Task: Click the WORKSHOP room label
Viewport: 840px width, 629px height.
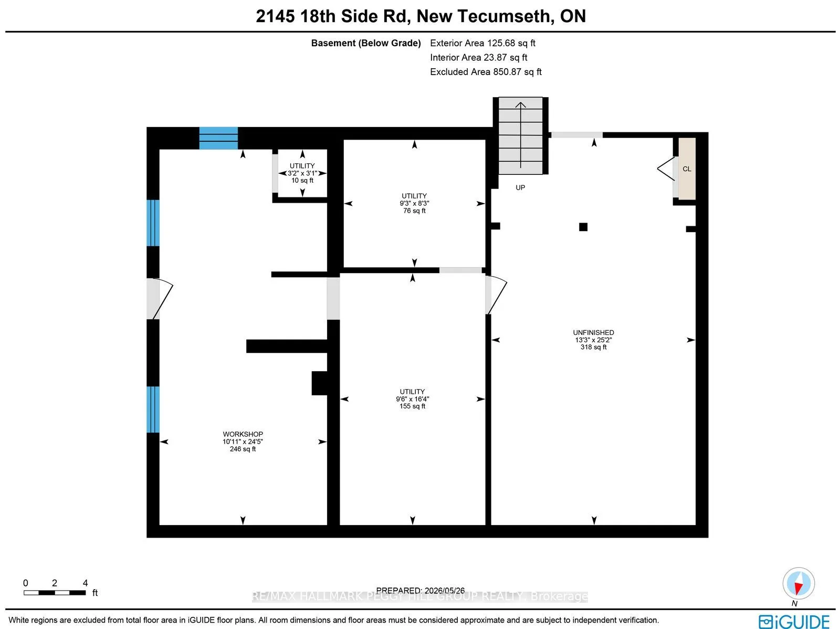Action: (x=243, y=434)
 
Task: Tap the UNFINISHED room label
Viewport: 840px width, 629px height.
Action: (x=593, y=333)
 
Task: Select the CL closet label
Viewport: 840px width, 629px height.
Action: (x=687, y=169)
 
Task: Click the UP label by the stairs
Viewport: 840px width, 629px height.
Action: (x=520, y=187)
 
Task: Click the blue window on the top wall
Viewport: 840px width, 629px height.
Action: (x=218, y=138)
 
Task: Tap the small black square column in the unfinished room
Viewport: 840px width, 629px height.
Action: (x=583, y=227)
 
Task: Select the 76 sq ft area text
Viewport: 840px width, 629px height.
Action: (x=414, y=211)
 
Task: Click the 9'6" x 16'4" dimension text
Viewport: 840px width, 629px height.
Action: (x=412, y=399)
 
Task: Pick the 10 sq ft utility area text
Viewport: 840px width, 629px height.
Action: (x=302, y=180)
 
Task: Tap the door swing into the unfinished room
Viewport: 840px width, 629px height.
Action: (x=496, y=295)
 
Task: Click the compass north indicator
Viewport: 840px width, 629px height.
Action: (x=799, y=583)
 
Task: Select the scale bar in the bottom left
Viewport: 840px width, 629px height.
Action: (x=55, y=593)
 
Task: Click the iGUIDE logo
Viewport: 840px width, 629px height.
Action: (x=794, y=621)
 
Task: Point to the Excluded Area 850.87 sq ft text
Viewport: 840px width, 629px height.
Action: (x=486, y=72)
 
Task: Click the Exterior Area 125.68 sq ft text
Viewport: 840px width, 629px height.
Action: (x=482, y=43)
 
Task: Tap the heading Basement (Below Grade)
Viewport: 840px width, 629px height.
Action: (x=366, y=43)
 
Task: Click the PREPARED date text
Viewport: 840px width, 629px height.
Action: (x=420, y=590)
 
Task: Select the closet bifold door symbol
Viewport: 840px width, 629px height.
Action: (x=666, y=169)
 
